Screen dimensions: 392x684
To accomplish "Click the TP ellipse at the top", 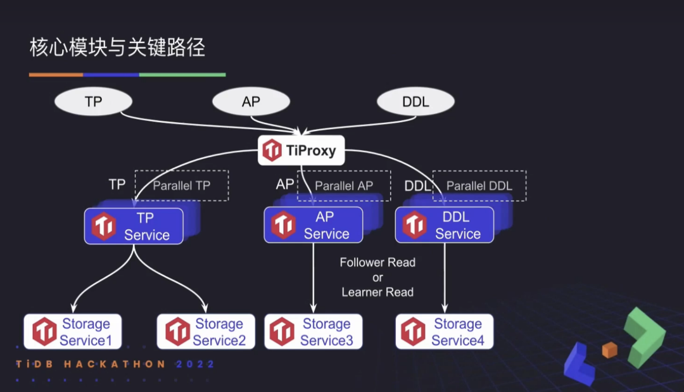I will (x=93, y=102).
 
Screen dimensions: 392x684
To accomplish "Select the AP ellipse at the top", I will (x=251, y=102).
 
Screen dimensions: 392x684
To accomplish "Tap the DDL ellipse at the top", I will (x=415, y=102).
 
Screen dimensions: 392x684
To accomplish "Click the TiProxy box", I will (x=301, y=151).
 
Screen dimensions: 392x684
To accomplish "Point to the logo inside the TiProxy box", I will (x=272, y=151).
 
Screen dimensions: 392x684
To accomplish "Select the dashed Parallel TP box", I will (x=181, y=186).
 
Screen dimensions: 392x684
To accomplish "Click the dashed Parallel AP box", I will (x=344, y=186).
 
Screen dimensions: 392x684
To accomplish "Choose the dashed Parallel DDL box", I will (x=479, y=186).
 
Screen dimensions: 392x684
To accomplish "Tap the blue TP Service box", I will (x=134, y=226).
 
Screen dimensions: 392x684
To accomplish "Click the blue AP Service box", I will (x=313, y=225).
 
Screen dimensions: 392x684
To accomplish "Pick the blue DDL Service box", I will (x=444, y=225).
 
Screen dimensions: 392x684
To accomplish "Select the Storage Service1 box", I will (x=72, y=332).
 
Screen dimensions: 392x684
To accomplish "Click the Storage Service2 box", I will (x=206, y=332).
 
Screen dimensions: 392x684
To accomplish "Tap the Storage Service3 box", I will (x=313, y=332).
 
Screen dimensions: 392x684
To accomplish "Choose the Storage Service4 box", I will (x=444, y=332).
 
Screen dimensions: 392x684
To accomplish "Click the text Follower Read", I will (x=377, y=262).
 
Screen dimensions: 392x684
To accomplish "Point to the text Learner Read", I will (x=377, y=292).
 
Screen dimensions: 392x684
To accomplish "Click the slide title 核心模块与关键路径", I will (x=117, y=47).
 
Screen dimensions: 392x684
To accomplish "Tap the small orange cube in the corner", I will (x=609, y=350).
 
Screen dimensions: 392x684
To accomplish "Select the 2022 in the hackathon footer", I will (x=195, y=364).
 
